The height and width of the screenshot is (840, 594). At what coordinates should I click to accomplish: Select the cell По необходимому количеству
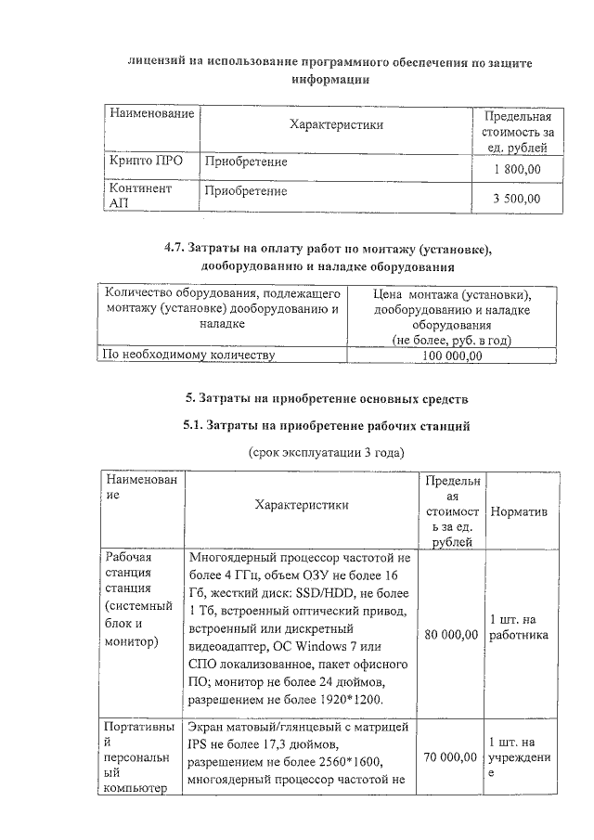(189, 355)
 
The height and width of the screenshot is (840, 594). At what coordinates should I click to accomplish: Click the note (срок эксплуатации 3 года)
(327, 452)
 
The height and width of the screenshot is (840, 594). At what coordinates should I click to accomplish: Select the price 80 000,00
(451, 634)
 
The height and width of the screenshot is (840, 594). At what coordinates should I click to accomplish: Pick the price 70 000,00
(451, 758)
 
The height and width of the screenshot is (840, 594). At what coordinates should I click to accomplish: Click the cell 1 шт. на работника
(518, 627)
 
